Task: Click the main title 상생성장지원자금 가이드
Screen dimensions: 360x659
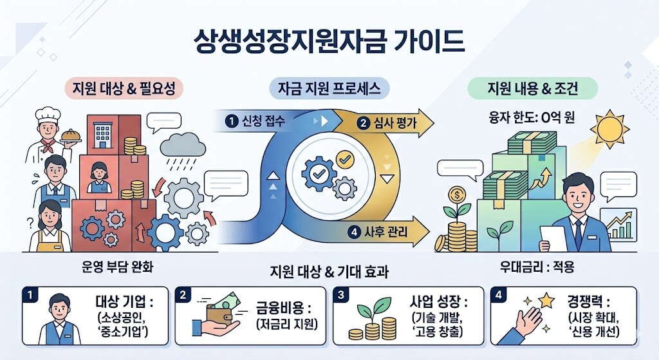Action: (329, 42)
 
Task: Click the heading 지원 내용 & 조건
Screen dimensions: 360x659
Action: (533, 89)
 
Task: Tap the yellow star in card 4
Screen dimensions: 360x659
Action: (547, 299)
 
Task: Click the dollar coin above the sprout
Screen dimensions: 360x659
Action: (458, 193)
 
